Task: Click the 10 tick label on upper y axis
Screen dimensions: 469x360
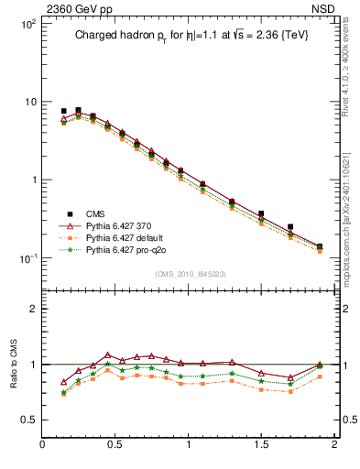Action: tap(29, 102)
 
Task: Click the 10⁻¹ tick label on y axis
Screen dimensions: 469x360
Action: tap(27, 258)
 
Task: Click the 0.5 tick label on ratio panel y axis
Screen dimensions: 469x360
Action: tap(28, 420)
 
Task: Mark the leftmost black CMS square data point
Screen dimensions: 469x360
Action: tap(63, 111)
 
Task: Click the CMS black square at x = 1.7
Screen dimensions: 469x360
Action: tap(290, 226)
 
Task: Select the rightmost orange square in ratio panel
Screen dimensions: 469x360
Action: tap(320, 376)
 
